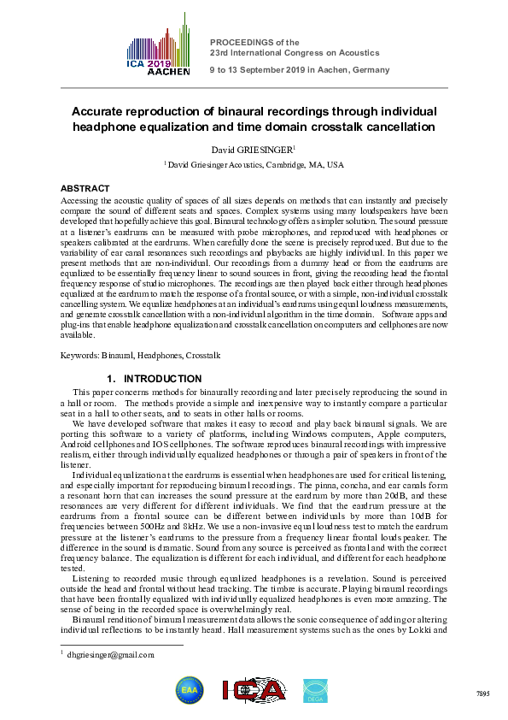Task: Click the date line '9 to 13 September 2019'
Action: coord(264,69)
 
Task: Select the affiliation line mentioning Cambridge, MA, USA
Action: coord(255,164)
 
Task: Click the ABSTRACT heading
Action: coord(85,188)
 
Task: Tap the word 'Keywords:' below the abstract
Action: coord(79,355)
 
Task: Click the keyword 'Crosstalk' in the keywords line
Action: coord(204,355)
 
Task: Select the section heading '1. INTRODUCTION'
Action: coord(154,379)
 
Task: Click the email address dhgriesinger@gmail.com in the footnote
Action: coord(112,655)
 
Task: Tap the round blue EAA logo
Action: coord(189,689)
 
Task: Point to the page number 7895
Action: coord(482,693)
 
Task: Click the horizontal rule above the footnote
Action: coord(122,645)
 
